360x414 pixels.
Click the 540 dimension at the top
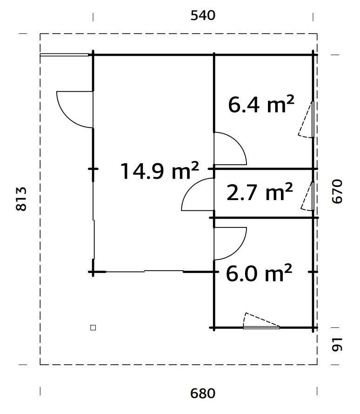[203, 15]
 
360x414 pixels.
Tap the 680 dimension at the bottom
[203, 394]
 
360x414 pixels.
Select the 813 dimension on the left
[21, 199]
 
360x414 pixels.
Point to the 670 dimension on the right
[337, 192]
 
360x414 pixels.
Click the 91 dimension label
[337, 345]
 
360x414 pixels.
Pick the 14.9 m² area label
[160, 171]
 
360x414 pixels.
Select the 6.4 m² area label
[261, 105]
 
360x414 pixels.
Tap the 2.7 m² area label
[260, 192]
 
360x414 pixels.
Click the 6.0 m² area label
[259, 273]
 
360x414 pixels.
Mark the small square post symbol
[93, 327]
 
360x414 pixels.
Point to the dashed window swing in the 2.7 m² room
[306, 197]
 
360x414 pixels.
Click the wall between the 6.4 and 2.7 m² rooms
[263, 168]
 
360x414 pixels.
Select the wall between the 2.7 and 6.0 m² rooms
[264, 218]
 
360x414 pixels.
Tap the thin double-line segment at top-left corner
[64, 55]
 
